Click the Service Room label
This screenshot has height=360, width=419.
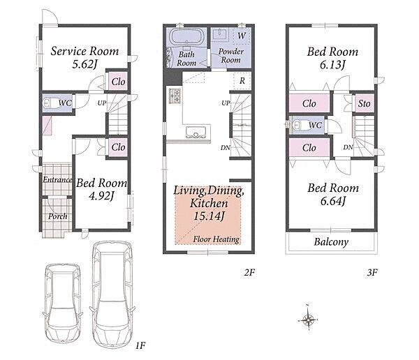84,51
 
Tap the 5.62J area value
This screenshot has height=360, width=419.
84,64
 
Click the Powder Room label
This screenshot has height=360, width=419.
231,56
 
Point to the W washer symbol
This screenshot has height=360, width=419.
242,36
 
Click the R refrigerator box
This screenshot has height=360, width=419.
242,81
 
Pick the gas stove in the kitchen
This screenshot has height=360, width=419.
175,96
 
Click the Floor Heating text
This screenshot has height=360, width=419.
216,239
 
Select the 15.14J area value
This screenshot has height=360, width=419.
209,216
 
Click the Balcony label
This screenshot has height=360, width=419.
331,242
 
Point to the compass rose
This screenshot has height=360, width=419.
308,318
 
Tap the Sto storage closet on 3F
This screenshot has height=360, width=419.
364,103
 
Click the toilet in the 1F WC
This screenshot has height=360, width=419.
50,103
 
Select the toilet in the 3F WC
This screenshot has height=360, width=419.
297,125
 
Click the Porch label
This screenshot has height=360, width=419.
58,216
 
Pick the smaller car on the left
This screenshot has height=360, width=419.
63,303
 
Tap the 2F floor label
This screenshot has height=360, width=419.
249,272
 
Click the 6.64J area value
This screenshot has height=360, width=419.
333,201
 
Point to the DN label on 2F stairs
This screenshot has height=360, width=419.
226,147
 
